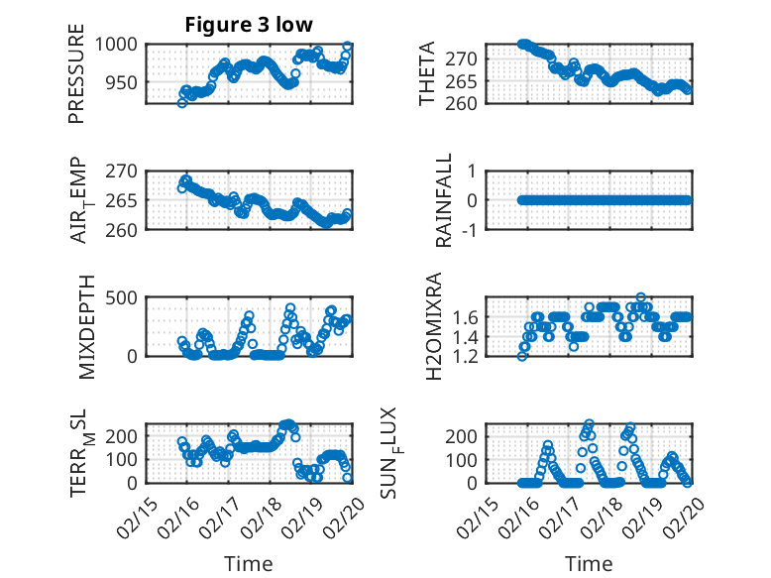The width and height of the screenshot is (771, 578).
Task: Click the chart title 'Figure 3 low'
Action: [x=248, y=25]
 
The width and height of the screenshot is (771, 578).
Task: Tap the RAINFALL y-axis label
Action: [x=445, y=199]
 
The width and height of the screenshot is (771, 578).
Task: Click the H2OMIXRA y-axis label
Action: [x=433, y=325]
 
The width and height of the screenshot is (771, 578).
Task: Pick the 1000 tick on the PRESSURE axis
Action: [x=123, y=45]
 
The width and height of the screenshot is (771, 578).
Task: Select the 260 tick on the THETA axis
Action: [x=468, y=103]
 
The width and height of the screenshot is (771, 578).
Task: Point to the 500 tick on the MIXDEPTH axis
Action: [x=128, y=296]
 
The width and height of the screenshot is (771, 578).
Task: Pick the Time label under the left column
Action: [x=248, y=563]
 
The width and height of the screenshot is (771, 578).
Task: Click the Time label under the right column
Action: [x=589, y=563]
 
